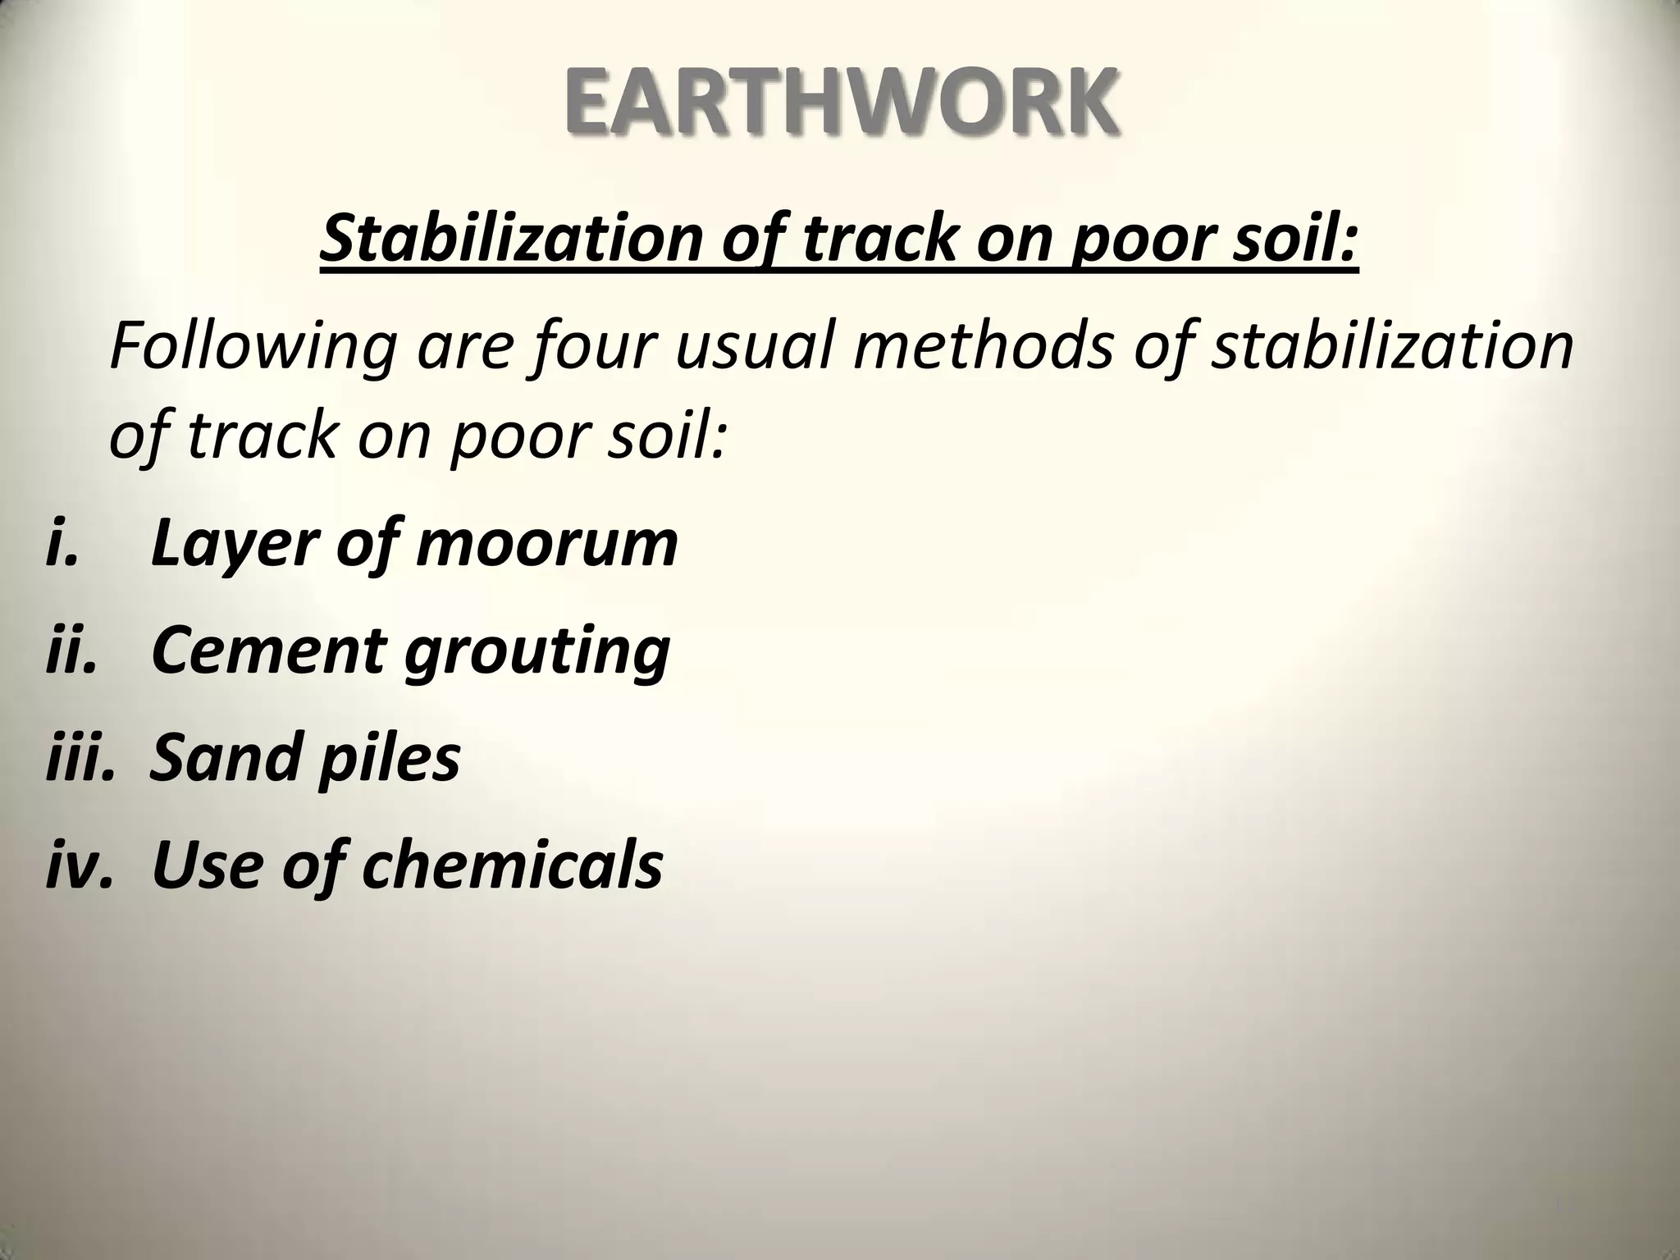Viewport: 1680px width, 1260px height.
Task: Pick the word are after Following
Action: (x=459, y=347)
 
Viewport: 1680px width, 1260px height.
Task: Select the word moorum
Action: (x=546, y=544)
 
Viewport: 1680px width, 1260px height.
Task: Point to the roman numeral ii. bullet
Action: (x=71, y=651)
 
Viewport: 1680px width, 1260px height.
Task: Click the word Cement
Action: (x=267, y=651)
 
